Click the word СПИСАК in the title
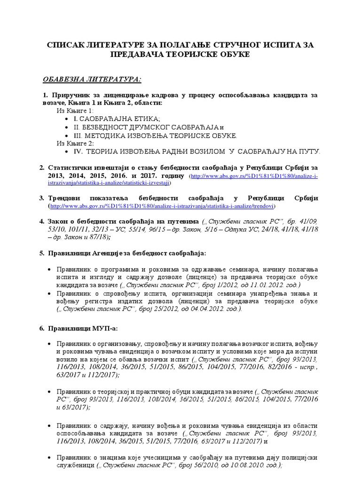click(x=65, y=44)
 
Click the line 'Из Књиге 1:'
click(x=75, y=111)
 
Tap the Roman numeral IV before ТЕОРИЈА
click(x=78, y=152)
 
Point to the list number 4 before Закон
click(x=41, y=221)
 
